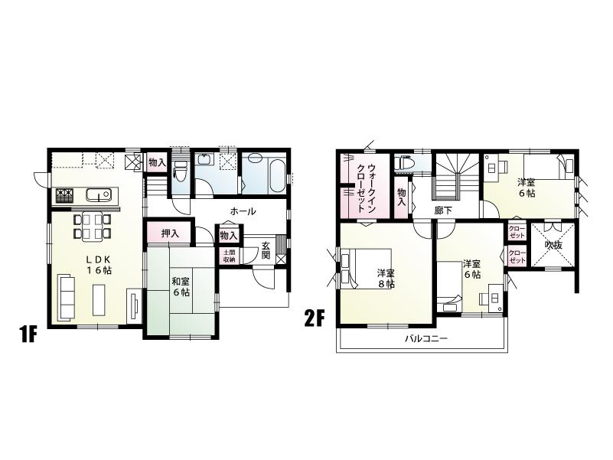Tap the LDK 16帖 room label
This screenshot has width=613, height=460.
(97, 265)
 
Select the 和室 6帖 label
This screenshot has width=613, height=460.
(181, 286)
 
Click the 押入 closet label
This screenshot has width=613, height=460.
(171, 233)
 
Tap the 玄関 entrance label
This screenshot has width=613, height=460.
(265, 250)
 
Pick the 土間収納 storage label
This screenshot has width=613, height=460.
(229, 256)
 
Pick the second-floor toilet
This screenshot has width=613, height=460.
(406, 163)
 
